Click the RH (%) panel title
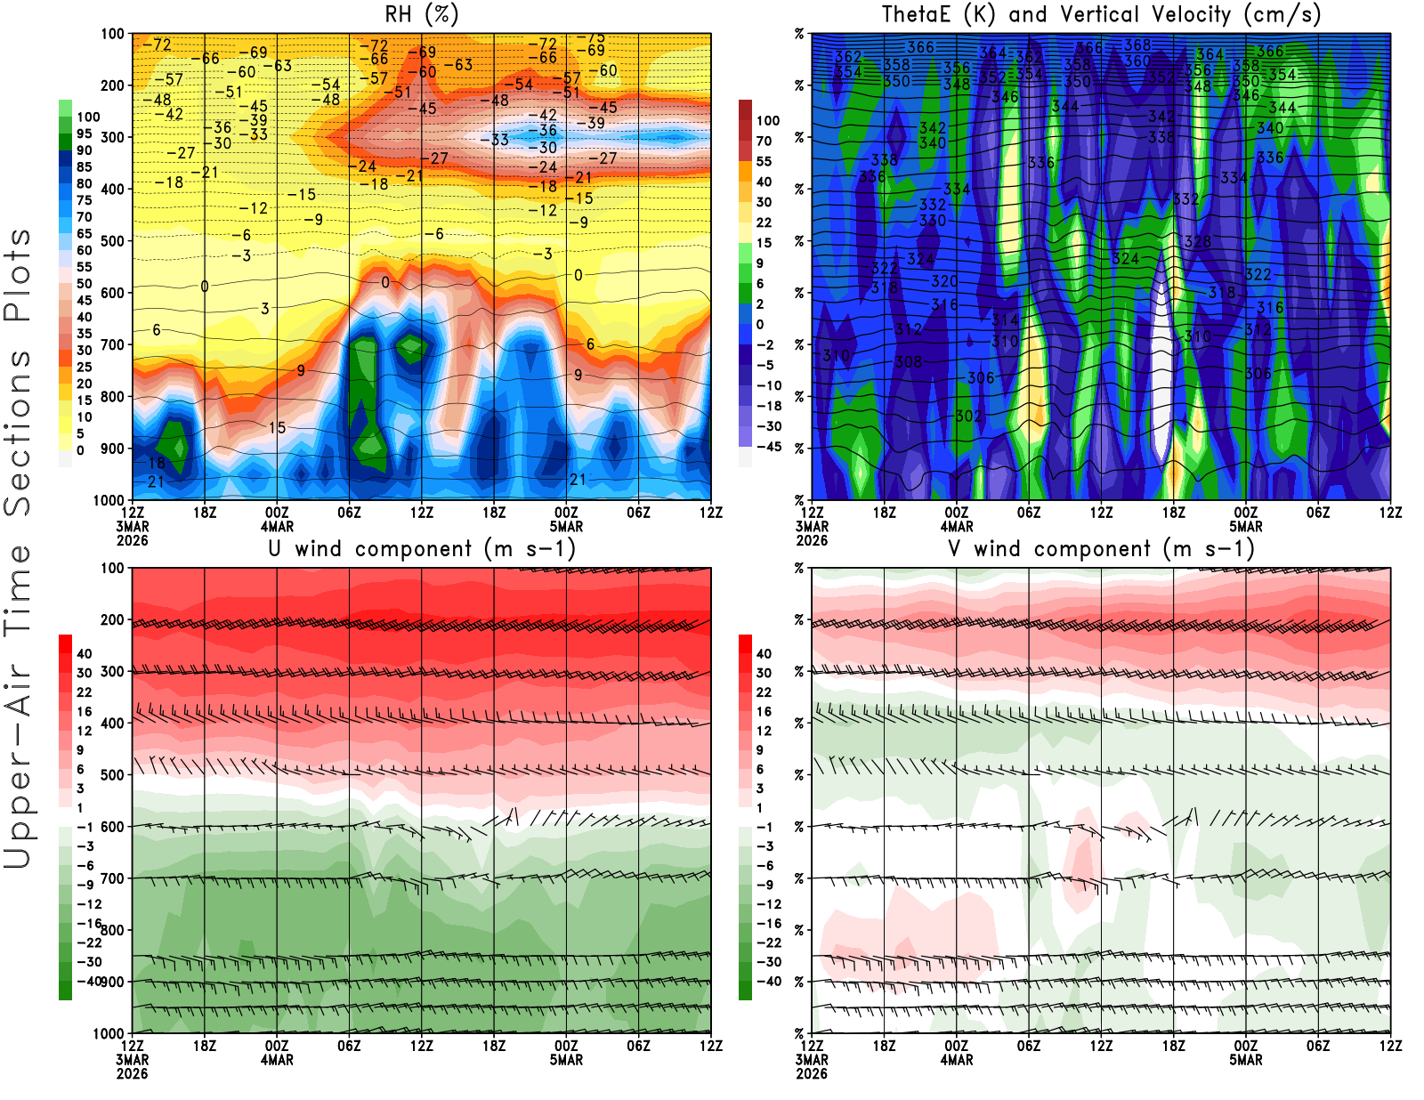[x=421, y=14]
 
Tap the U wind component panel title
[x=422, y=548]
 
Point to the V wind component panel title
[x=1101, y=548]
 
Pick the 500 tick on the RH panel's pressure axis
[x=112, y=240]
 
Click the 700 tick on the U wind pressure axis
[x=112, y=878]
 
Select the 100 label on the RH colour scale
[x=88, y=117]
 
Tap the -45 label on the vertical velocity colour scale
[x=768, y=447]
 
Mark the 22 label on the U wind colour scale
[x=85, y=692]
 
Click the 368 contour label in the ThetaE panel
[x=1137, y=44]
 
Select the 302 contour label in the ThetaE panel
[x=968, y=416]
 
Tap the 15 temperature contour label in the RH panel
[x=277, y=428]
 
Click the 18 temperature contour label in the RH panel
[x=157, y=463]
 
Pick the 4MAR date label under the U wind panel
[x=277, y=1060]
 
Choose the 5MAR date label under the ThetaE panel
[x=1246, y=526]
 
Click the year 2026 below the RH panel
[x=132, y=540]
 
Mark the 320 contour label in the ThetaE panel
[x=944, y=281]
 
